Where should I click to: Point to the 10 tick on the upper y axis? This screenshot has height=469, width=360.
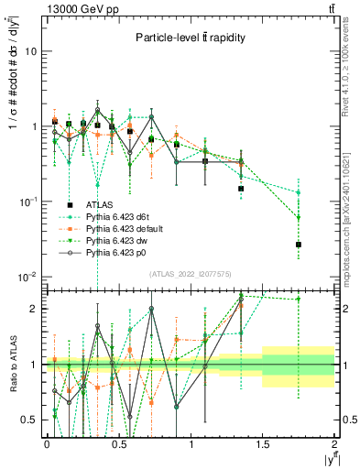(x=30, y=51)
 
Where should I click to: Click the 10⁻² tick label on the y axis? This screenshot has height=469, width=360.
(x=28, y=277)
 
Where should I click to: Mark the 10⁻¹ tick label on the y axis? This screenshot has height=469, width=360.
(x=28, y=202)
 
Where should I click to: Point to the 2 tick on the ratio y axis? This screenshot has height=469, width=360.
(x=34, y=309)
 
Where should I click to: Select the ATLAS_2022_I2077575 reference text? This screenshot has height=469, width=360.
(x=190, y=274)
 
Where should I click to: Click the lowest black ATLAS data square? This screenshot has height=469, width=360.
(x=299, y=245)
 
